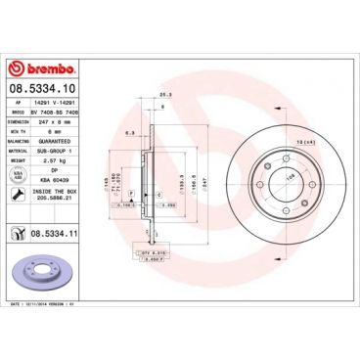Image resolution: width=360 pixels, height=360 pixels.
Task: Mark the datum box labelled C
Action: (158, 196)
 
